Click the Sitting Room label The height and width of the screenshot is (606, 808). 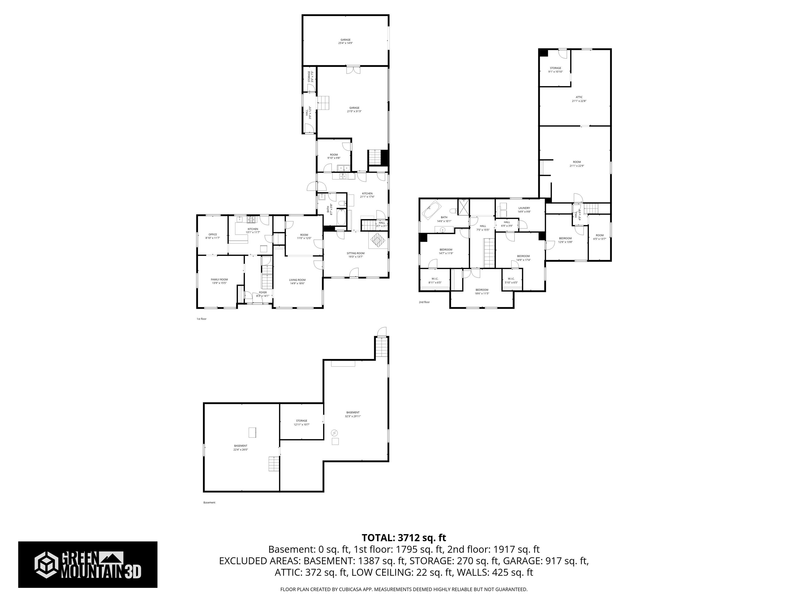pos(355,255)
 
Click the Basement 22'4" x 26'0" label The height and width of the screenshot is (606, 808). pos(240,447)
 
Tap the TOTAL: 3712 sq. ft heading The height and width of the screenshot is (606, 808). pos(404,538)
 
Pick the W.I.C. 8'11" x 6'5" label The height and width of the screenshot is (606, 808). pos(435,281)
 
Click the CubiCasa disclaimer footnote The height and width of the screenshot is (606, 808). pos(404,589)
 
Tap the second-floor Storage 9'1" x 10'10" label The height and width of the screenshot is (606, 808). pos(555,70)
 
